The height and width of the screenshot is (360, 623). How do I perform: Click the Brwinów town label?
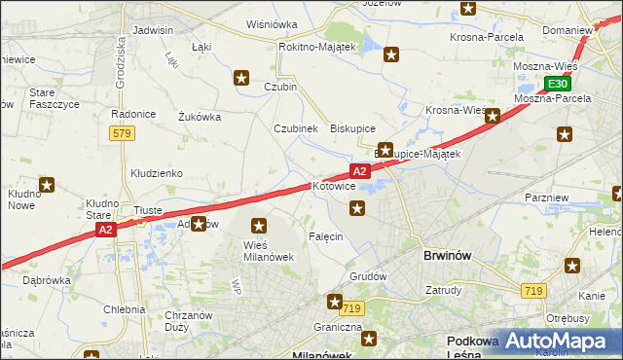448,255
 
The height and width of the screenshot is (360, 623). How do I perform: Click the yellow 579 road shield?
122,132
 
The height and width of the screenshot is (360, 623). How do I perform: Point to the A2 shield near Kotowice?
360,171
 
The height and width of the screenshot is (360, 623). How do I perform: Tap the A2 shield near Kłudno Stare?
106,230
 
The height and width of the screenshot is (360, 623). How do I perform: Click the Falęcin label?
325,237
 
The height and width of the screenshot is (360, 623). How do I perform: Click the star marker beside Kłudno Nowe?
47,184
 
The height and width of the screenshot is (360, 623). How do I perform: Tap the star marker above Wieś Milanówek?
259,226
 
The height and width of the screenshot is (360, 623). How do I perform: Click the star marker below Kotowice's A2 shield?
358,207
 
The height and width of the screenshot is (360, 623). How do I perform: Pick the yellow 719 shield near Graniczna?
351,308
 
